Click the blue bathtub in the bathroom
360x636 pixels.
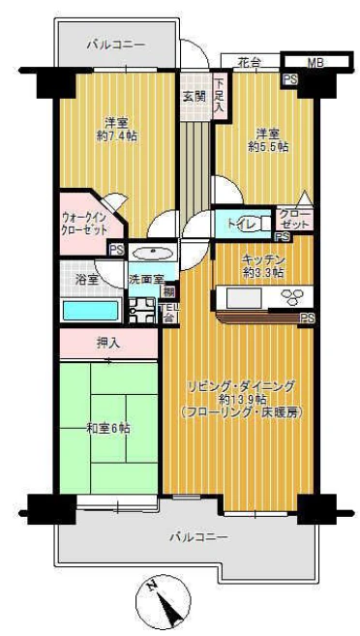tap(89, 312)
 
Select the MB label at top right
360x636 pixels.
tap(315, 63)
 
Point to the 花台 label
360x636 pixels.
tap(251, 63)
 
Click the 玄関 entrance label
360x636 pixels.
tap(194, 97)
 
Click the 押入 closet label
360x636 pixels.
tap(107, 342)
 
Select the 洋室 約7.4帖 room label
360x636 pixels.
tap(117, 130)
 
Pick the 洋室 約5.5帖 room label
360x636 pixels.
tap(268, 139)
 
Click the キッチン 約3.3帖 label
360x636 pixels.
tap(261, 265)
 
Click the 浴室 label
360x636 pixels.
tap(86, 280)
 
